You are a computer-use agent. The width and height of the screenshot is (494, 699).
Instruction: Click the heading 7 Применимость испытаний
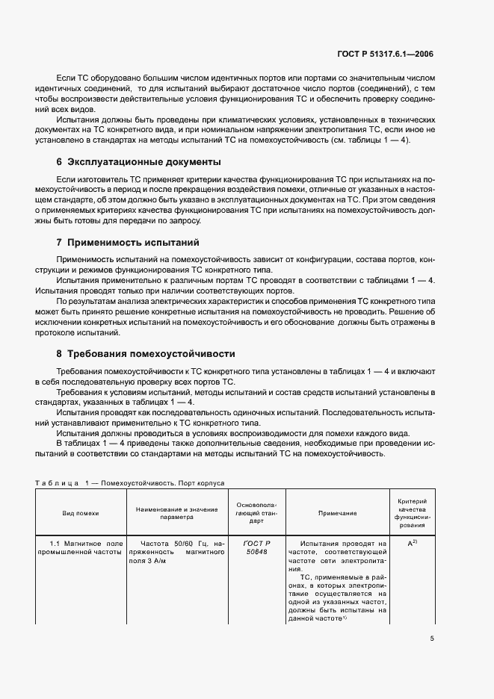[129, 243]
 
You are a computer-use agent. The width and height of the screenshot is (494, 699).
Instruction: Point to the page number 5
[432, 638]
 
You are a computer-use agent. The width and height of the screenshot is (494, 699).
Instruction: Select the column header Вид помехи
[80, 513]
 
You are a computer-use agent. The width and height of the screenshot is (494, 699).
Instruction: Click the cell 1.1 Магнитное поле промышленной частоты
[80, 548]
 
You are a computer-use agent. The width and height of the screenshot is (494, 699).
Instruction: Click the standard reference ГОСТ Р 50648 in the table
[256, 548]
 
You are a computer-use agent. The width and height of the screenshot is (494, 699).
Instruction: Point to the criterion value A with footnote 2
[411, 544]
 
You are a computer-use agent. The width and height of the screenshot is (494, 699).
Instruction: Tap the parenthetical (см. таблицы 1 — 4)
[382, 140]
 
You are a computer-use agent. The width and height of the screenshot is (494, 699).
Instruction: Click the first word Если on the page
[64, 78]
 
